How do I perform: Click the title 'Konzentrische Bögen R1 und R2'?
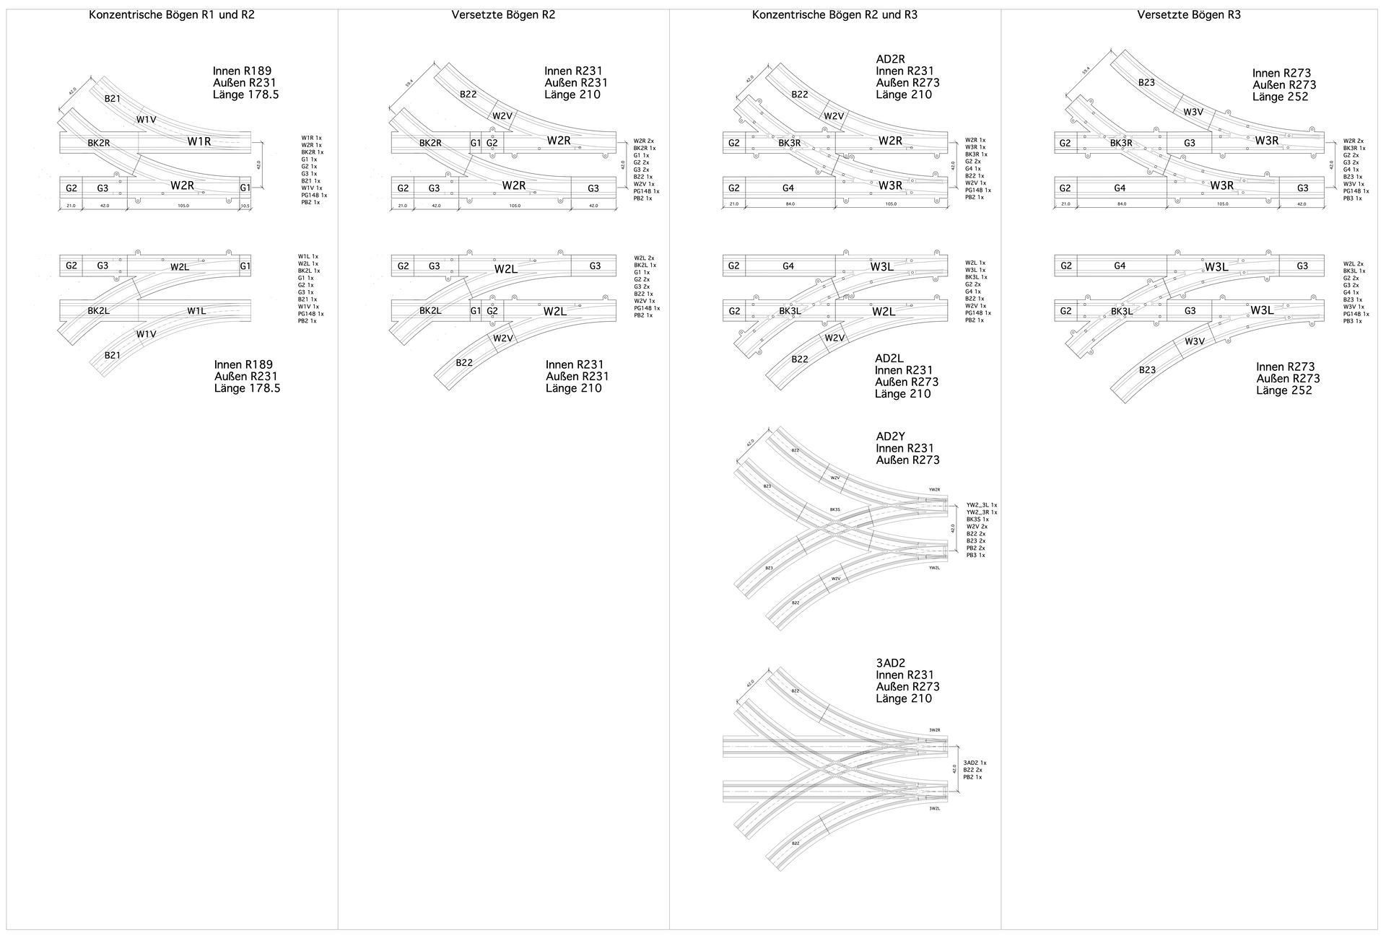[x=171, y=14]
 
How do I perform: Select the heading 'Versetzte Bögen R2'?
[x=503, y=14]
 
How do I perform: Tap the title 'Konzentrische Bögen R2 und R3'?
[x=834, y=14]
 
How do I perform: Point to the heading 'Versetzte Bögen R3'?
[x=1189, y=14]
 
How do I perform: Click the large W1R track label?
[x=199, y=141]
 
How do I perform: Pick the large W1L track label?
[x=196, y=311]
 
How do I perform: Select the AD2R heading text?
[x=890, y=59]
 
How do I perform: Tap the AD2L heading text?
[x=889, y=359]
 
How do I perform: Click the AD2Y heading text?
[x=890, y=437]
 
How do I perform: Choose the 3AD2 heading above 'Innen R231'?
[x=890, y=663]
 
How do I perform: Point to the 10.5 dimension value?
[x=245, y=206]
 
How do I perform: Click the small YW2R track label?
[x=934, y=490]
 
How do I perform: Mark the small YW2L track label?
[x=934, y=568]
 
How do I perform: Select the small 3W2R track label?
[x=934, y=730]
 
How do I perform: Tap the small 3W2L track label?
[x=934, y=809]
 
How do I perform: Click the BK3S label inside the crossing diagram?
[x=834, y=509]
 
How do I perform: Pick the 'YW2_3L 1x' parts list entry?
[x=982, y=505]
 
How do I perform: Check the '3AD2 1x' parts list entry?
[x=975, y=763]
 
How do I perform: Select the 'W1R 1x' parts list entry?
[x=312, y=138]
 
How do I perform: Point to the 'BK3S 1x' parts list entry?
[x=977, y=520]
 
